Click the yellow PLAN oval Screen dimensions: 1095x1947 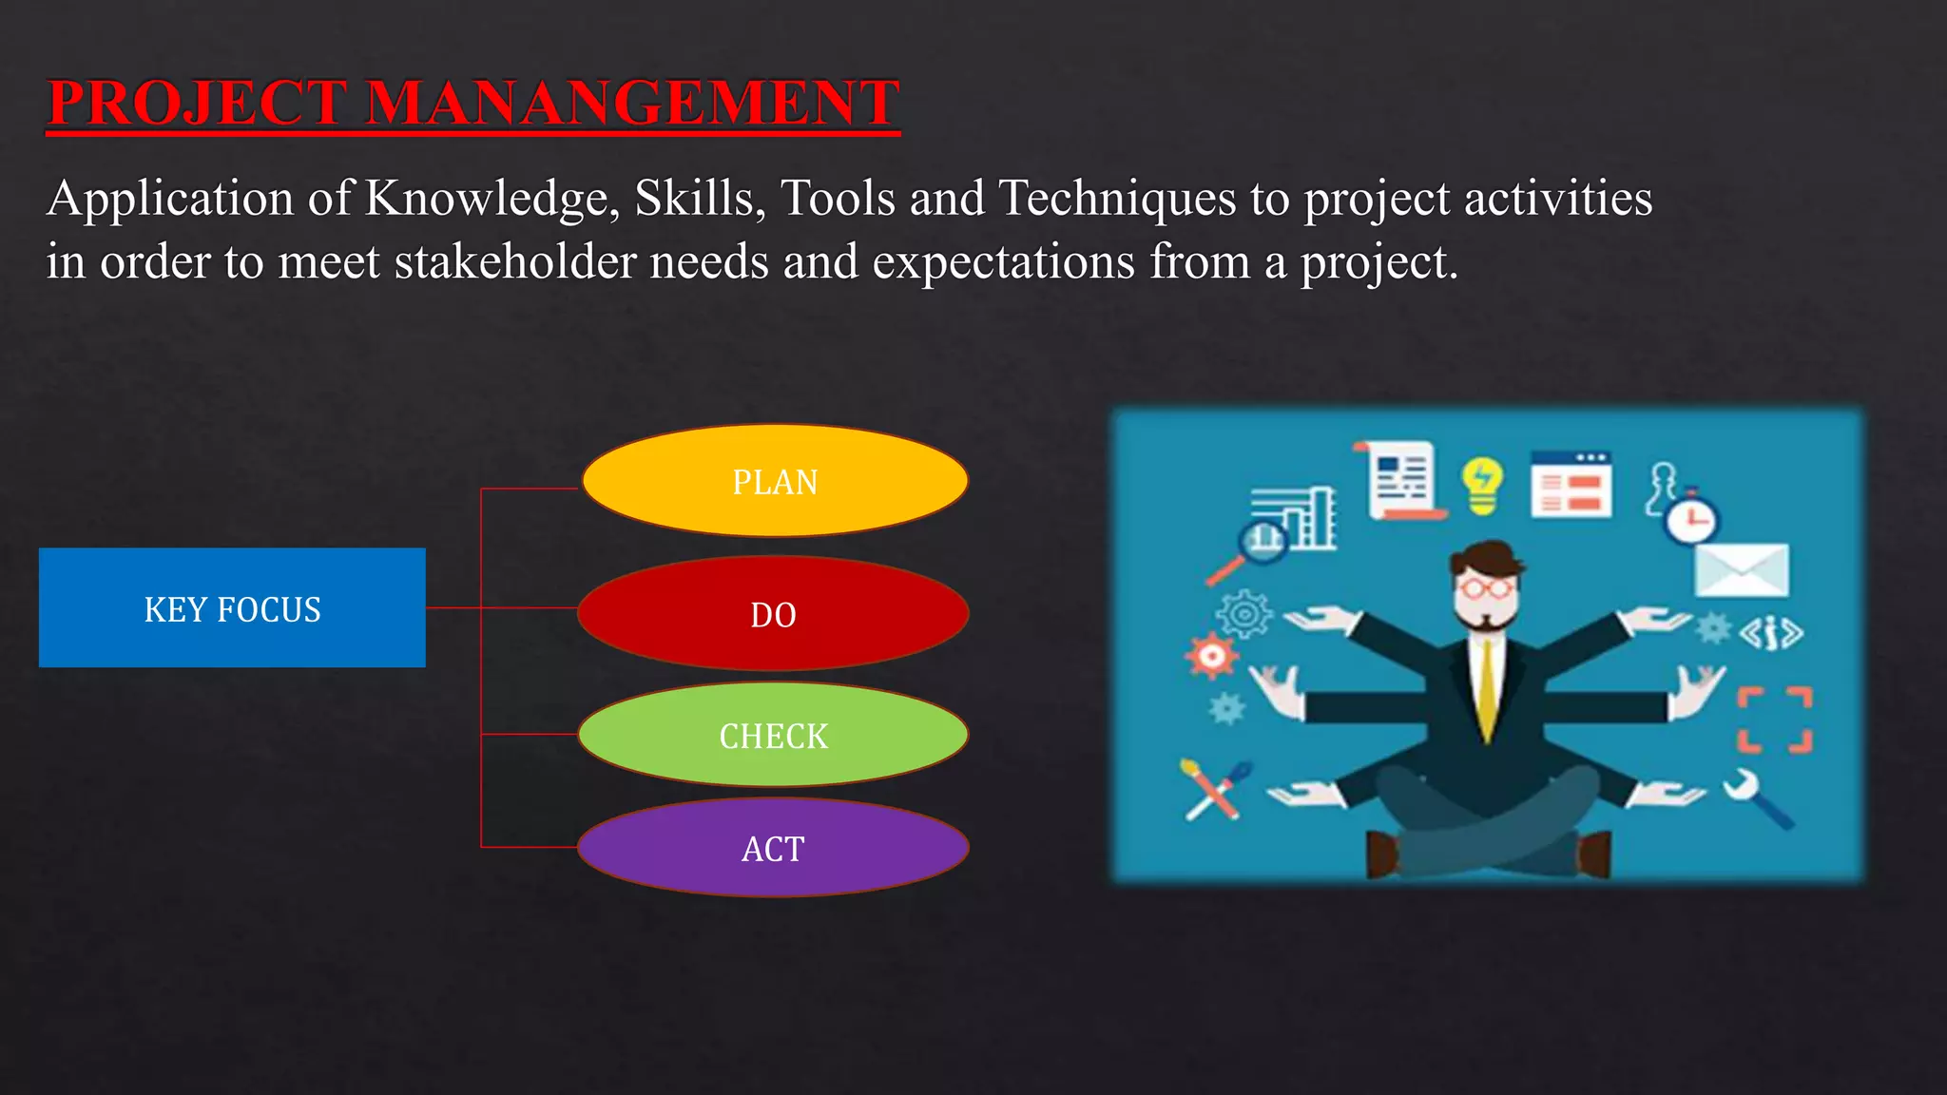[775, 481]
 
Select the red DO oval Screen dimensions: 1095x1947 [773, 614]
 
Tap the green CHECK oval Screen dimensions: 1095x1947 [773, 735]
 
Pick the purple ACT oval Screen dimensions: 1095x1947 [773, 848]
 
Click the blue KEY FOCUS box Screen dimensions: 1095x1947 [232, 608]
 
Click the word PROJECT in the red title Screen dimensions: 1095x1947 [197, 103]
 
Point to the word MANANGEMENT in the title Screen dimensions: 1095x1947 [631, 103]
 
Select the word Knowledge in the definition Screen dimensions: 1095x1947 [492, 200]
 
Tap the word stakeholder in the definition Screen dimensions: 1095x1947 [514, 261]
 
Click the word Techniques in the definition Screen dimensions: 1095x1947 [1117, 198]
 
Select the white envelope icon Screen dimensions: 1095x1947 [1742, 569]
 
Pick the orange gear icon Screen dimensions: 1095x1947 [1211, 656]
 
